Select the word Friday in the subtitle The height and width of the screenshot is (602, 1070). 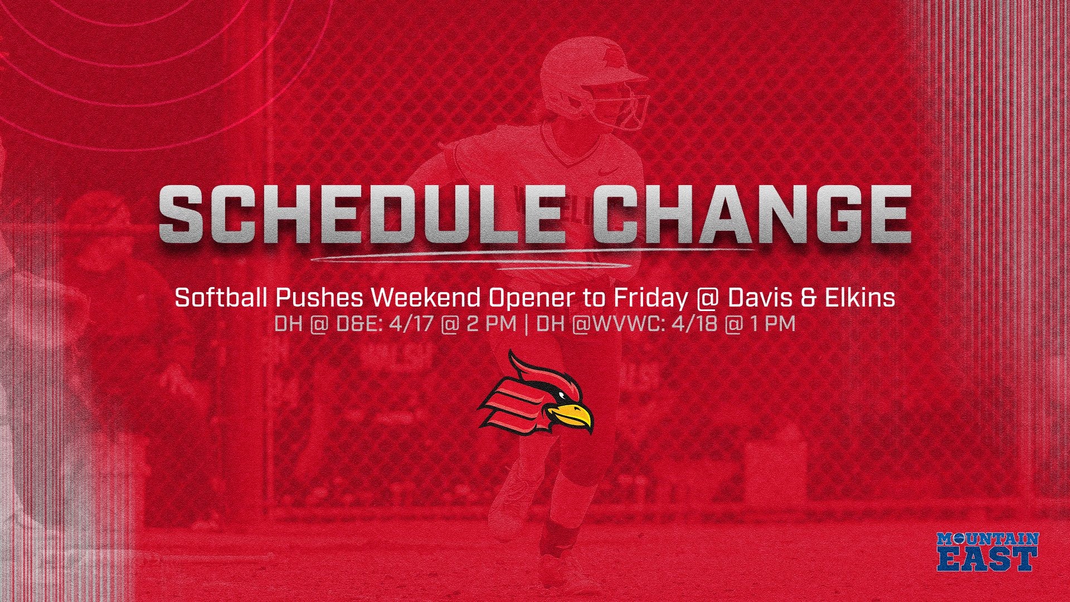point(650,299)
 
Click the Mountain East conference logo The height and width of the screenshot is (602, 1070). point(988,552)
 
